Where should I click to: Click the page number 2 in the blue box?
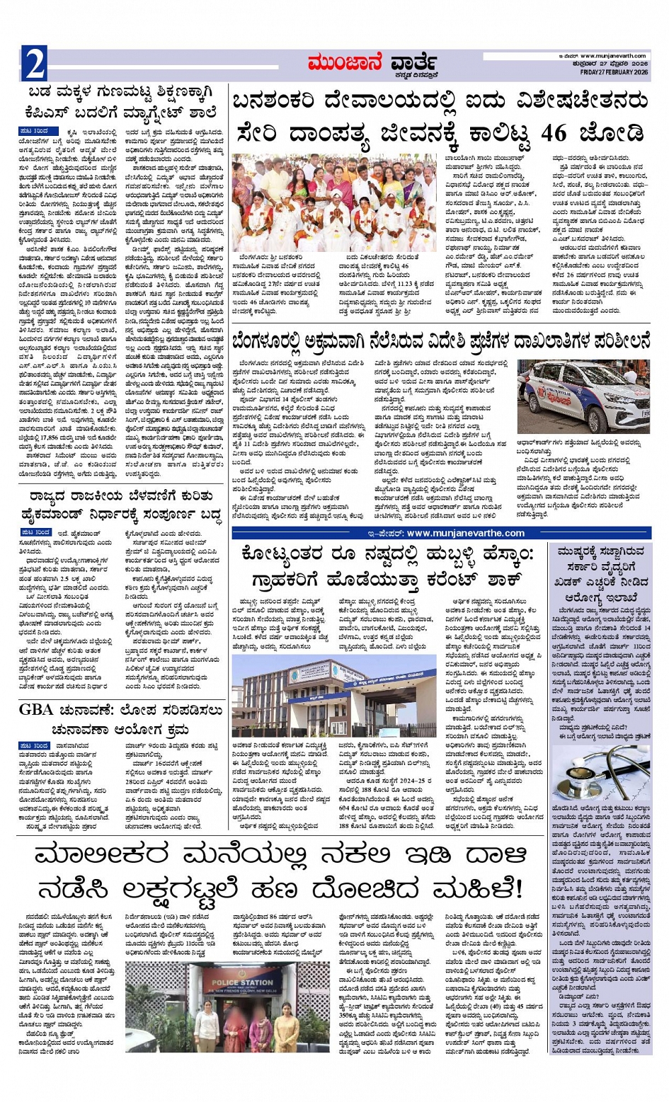(35, 65)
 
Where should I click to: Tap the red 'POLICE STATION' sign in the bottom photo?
(241, 983)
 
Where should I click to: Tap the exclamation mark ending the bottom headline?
(519, 887)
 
